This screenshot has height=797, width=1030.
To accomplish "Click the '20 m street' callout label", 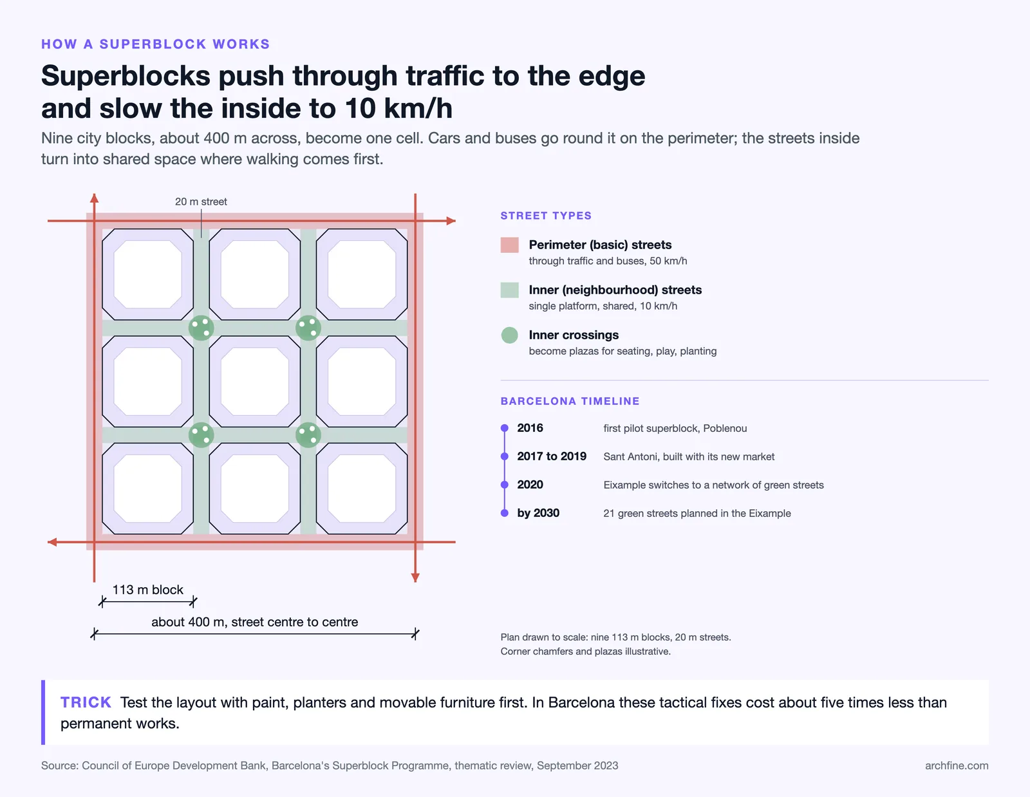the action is pos(201,202).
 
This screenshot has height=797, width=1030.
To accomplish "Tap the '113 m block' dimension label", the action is pos(147,590).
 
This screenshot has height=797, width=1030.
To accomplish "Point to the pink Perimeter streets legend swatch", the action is pos(510,245).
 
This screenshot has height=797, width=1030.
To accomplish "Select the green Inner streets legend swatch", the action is pos(510,290).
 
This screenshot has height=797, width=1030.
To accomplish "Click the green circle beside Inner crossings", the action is pos(510,335).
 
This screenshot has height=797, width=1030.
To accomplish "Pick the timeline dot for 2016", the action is pos(504,428).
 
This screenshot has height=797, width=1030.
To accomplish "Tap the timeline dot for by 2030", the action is pos(504,512).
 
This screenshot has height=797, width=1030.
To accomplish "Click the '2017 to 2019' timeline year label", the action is pos(552,456).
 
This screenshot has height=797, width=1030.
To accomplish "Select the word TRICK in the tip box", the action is pos(86,702).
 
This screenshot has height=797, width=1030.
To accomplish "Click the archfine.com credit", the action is pos(957,765).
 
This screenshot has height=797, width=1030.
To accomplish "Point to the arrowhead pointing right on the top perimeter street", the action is pos(451,221).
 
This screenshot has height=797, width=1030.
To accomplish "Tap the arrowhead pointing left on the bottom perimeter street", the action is pos(52,542).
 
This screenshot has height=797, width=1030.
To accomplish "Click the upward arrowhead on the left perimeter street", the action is pos(95,198).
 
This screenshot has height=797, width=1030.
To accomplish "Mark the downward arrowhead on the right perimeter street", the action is pos(415,577).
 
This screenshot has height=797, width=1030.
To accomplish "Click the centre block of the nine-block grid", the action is pos(254,382).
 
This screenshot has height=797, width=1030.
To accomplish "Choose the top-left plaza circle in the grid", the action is pos(201,328).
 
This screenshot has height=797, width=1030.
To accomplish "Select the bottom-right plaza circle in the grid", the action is pos(308,435).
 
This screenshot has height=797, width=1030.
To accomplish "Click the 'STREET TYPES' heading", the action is pos(546,216).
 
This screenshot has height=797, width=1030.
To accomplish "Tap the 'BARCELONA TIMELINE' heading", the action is pos(570,401).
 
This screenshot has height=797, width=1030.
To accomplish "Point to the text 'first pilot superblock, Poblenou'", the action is pos(675,428).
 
